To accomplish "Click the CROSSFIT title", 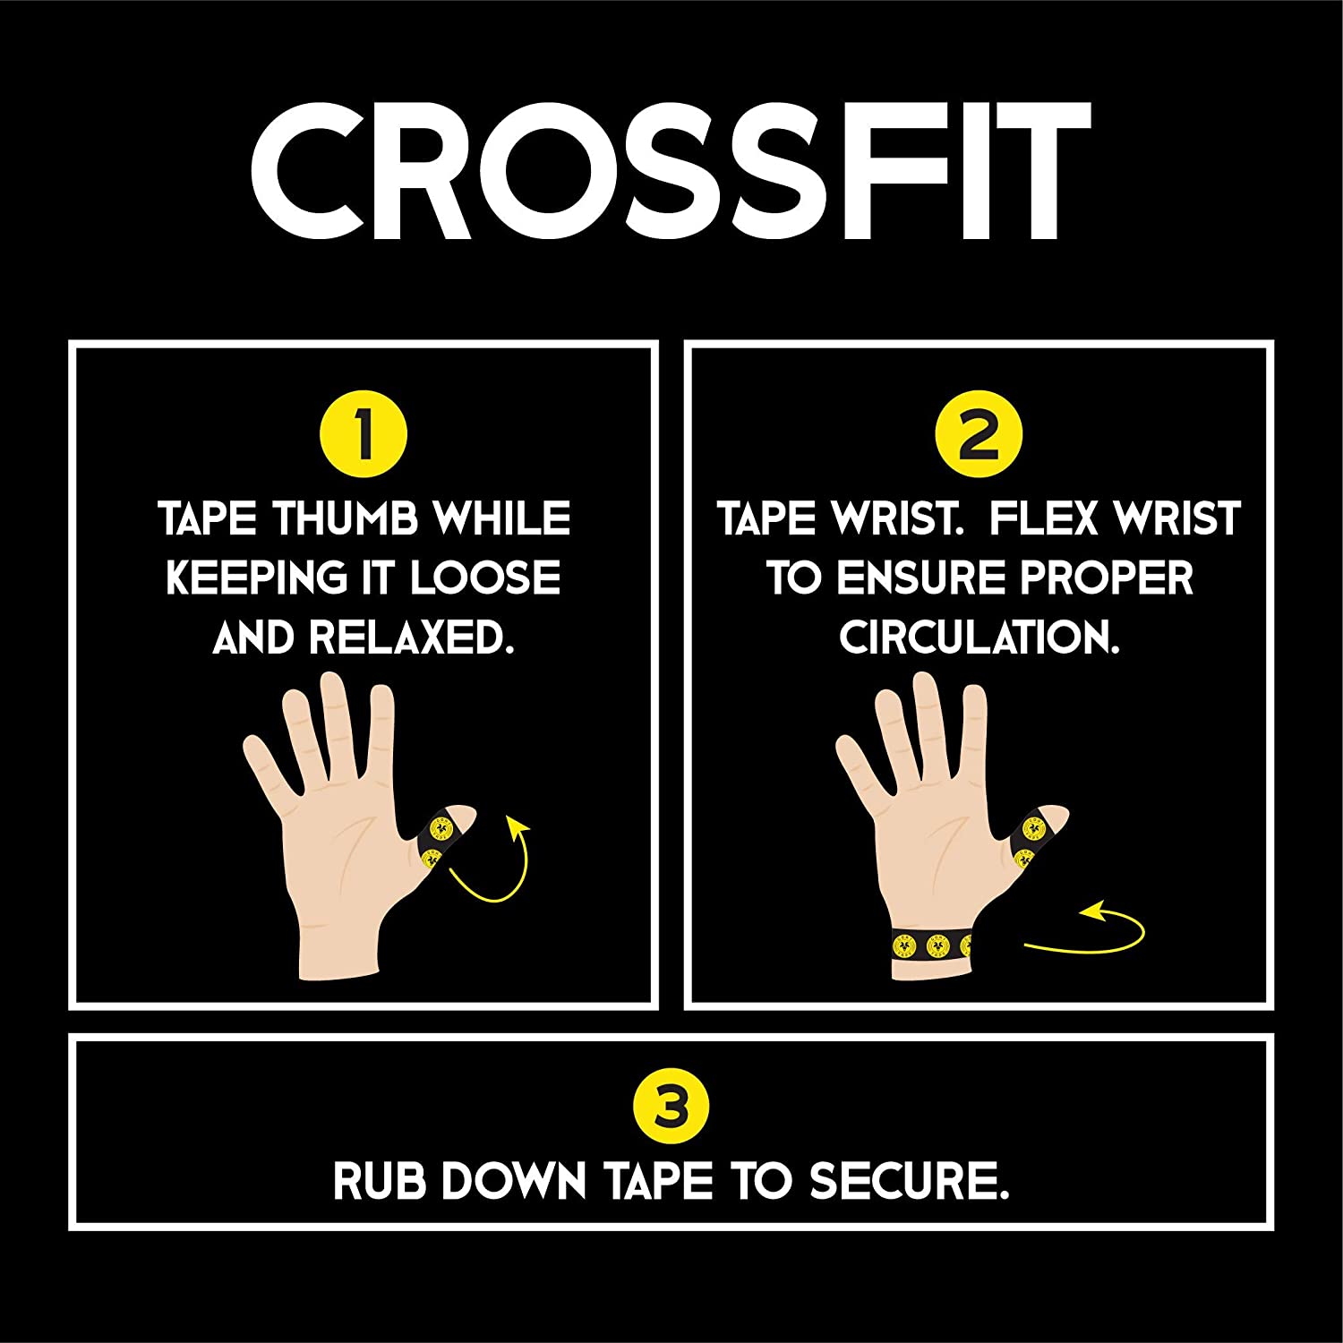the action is click(x=670, y=171).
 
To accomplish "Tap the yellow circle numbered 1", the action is click(x=364, y=436).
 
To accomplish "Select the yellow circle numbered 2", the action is click(x=979, y=436).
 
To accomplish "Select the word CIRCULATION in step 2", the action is click(x=979, y=637).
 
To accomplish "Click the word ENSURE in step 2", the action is click(x=920, y=578).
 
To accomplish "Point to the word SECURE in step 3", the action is click(x=910, y=1181).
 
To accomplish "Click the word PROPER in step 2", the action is click(x=1106, y=578).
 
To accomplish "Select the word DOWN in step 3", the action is click(x=513, y=1181).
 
